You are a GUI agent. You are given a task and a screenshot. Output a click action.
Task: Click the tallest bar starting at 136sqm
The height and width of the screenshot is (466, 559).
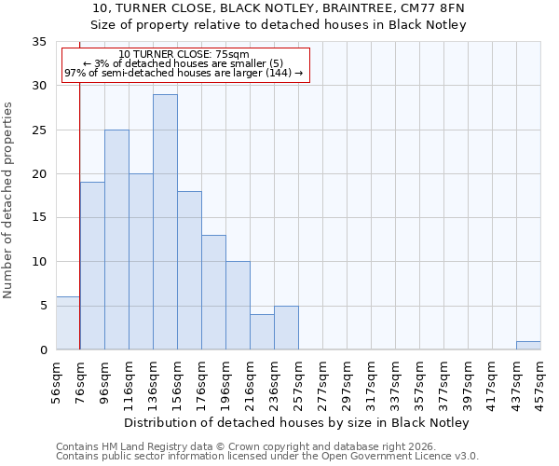click(165, 222)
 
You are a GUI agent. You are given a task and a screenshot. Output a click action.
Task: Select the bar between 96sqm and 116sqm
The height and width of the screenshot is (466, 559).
click(116, 240)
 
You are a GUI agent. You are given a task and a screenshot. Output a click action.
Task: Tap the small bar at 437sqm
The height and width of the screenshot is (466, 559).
click(528, 345)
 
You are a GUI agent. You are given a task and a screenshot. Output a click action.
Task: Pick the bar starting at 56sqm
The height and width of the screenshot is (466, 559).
click(68, 322)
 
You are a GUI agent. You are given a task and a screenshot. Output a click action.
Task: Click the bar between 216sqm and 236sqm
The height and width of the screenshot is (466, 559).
click(262, 332)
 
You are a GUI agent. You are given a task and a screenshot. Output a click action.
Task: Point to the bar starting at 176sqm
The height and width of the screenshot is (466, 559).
click(213, 292)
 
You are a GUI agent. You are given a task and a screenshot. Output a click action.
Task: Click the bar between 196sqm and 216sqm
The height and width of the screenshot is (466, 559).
click(238, 305)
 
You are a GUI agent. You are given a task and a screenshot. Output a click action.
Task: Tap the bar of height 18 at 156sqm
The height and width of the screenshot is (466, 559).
click(189, 270)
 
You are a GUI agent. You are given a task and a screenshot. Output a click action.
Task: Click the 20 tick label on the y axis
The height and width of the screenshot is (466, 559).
click(38, 174)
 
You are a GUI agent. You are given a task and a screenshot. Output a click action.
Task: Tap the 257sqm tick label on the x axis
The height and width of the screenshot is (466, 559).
click(299, 381)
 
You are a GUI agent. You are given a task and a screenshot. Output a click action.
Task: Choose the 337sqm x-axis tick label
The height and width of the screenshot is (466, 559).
click(396, 381)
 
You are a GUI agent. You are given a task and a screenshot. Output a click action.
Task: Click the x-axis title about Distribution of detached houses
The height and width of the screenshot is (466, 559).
click(296, 422)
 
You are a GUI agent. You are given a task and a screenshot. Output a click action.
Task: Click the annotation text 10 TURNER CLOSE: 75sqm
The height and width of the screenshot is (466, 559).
click(184, 55)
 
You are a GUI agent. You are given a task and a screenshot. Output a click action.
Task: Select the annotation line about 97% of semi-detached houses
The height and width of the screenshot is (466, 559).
click(184, 73)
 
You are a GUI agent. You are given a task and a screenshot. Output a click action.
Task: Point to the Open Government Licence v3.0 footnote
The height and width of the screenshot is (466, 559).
click(267, 457)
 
